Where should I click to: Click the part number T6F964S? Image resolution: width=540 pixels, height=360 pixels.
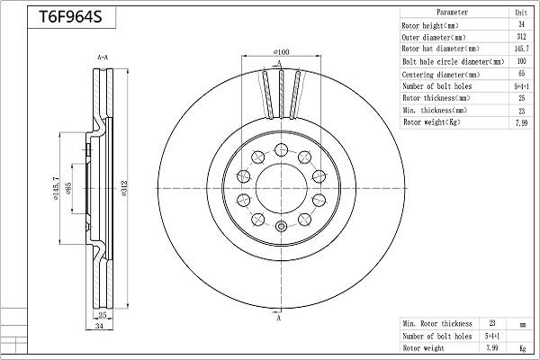click(68, 17)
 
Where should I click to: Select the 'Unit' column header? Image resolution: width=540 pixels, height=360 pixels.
click(520, 13)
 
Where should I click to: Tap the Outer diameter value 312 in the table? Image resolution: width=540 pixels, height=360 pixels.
click(520, 37)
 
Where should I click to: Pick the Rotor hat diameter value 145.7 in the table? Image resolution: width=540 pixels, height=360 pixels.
click(520, 49)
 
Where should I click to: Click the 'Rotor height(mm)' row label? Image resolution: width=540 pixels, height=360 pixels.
click(436, 25)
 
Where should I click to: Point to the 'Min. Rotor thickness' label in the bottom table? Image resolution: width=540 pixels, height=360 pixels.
click(437, 322)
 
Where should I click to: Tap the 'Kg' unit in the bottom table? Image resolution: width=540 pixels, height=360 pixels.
click(520, 347)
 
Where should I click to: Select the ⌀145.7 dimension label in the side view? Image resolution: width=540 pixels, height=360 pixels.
click(56, 186)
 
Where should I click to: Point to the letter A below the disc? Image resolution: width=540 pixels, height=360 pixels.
click(279, 319)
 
